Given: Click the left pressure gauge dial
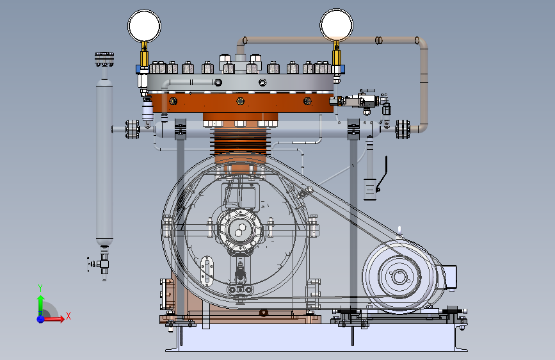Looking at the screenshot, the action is click(x=145, y=26).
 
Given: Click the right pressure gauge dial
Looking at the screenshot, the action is click(x=336, y=25).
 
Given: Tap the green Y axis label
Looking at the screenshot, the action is click(x=40, y=288).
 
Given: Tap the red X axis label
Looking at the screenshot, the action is click(x=68, y=316).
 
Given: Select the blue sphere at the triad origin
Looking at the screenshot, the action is click(x=41, y=318).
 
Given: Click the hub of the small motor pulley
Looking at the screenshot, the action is click(x=399, y=276).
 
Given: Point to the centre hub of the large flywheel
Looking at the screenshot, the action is click(x=240, y=231).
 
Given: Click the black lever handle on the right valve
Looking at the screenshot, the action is click(x=382, y=174).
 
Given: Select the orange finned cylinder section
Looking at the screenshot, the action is click(x=240, y=142).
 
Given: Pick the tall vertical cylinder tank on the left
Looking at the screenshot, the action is click(x=104, y=163).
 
